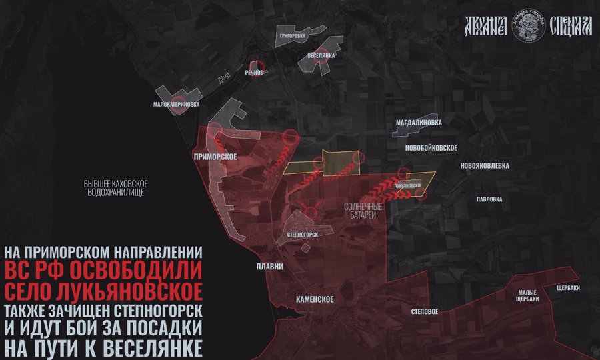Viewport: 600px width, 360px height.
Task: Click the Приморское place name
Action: pyautogui.click(x=215, y=156)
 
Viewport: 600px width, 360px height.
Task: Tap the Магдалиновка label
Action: pyautogui.click(x=419, y=123)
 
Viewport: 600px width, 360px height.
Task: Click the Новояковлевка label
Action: pyautogui.click(x=485, y=165)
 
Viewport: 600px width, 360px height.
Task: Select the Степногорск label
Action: pyautogui.click(x=301, y=235)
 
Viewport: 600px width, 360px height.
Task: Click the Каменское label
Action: pyautogui.click(x=310, y=299)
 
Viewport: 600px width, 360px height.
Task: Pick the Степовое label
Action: pyautogui.click(x=425, y=311)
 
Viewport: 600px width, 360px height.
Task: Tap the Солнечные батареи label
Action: pyautogui.click(x=363, y=211)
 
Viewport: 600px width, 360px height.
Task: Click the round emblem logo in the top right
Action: pyautogui.click(x=529, y=29)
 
